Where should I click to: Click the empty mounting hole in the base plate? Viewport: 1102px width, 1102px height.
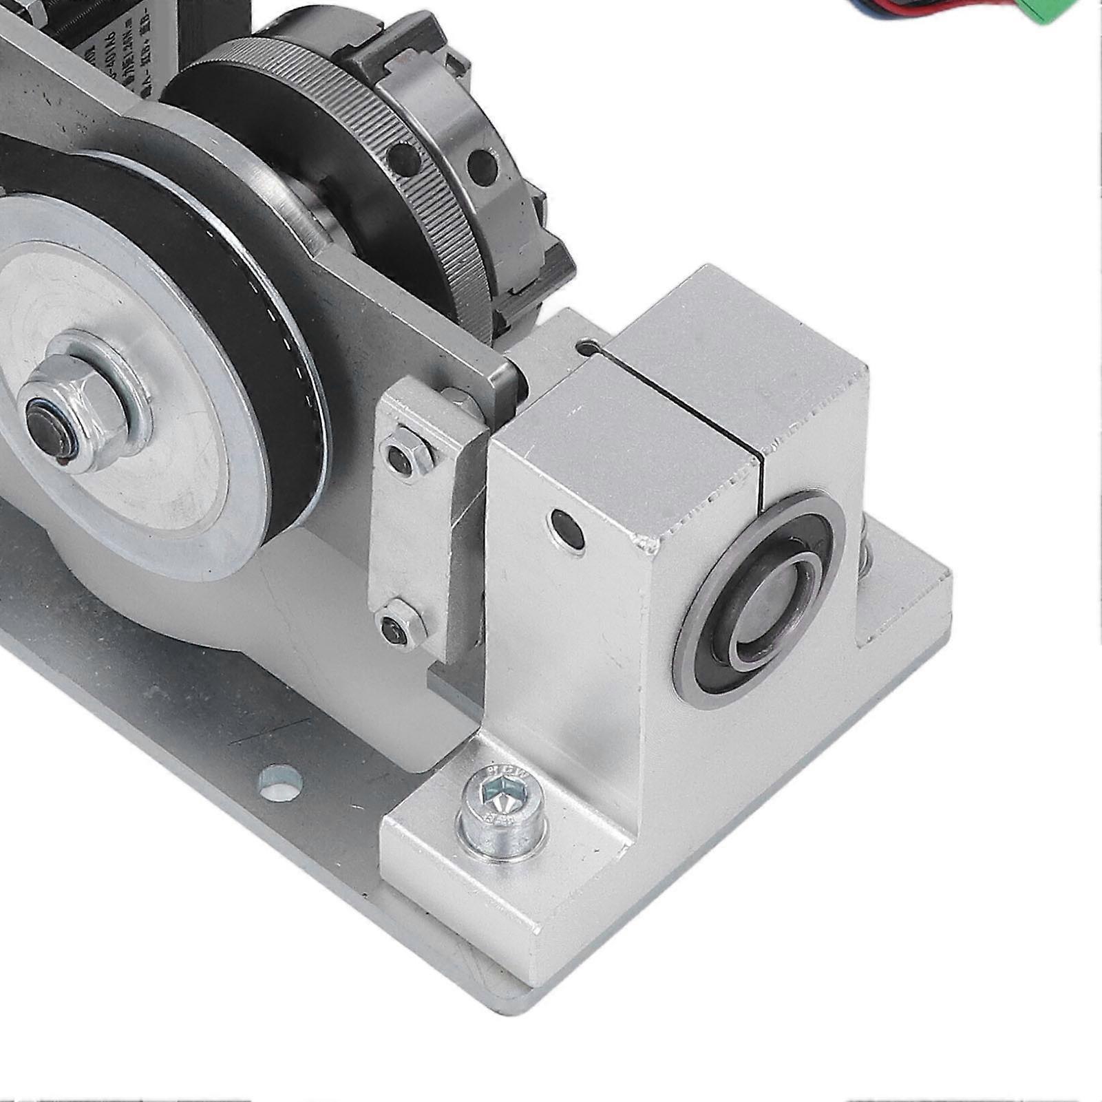pyautogui.click(x=282, y=783)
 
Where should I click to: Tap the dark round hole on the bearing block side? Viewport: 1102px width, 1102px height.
pyautogui.click(x=568, y=529)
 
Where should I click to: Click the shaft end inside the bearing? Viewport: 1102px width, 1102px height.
pyautogui.click(x=775, y=592)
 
